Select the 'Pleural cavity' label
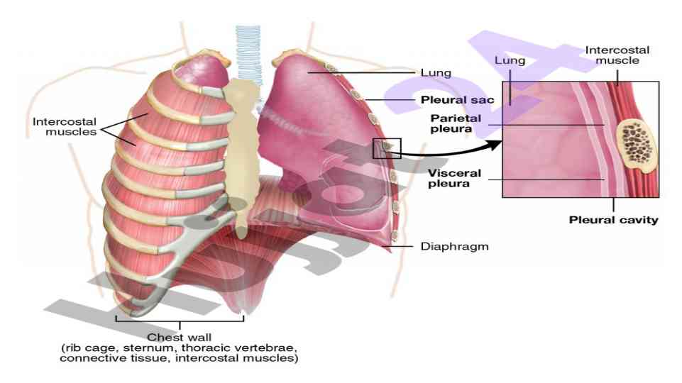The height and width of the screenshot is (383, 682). point(613,220)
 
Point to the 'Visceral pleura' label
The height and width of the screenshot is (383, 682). point(455,178)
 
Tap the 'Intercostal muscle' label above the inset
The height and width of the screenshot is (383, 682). point(616,55)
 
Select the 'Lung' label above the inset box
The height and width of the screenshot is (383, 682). point(510,61)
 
